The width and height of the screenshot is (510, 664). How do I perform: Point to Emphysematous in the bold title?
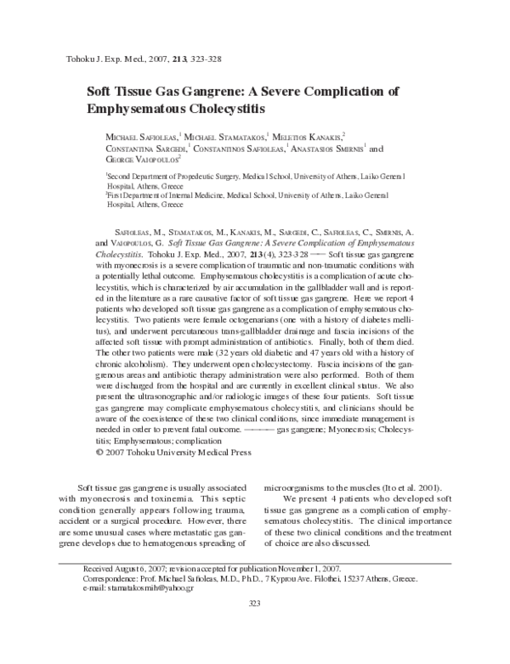(140, 109)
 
